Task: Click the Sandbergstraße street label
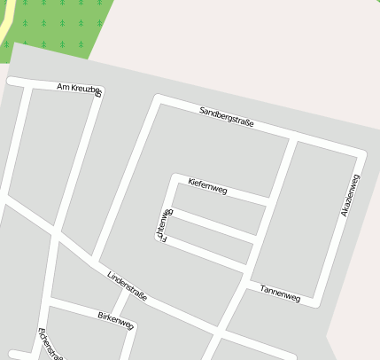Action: [227, 116]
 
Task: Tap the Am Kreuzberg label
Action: [78, 88]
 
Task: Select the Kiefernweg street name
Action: [208, 186]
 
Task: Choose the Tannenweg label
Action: [281, 293]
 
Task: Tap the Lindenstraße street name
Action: [127, 285]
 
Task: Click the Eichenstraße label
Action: [50, 344]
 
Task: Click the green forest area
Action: [62, 22]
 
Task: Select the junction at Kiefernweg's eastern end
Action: [268, 202]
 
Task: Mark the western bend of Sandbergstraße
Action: [158, 98]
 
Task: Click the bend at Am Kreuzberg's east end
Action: [98, 90]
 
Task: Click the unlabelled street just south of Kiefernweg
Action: [213, 223]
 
